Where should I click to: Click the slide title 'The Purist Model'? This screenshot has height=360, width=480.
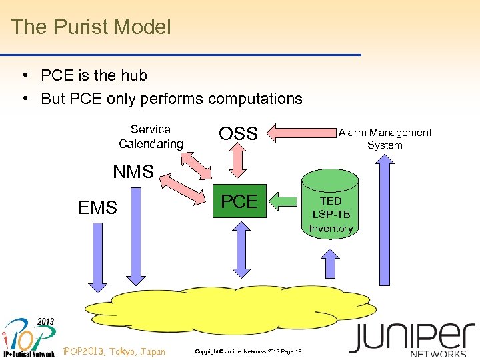click(91, 27)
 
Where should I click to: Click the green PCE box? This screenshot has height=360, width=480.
click(239, 201)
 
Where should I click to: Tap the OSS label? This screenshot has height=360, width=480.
click(238, 134)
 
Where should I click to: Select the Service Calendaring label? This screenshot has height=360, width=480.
click(151, 137)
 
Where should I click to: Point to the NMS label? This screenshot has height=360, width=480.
click(133, 172)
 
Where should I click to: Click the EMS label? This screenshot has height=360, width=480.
click(97, 208)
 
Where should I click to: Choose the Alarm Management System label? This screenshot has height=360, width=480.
click(385, 139)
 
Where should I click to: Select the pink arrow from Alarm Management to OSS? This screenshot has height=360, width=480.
click(303, 133)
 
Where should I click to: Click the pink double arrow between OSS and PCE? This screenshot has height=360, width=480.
click(239, 163)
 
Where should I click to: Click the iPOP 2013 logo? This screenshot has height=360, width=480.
click(28, 337)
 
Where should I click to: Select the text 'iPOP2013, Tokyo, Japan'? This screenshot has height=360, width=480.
click(113, 351)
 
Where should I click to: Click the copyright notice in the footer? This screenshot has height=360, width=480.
click(248, 351)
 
